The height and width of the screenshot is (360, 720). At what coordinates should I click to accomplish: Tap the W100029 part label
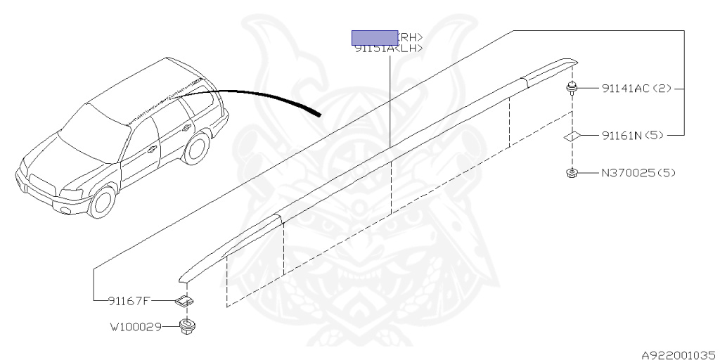click(x=135, y=327)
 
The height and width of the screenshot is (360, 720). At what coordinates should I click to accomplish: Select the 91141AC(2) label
click(x=636, y=89)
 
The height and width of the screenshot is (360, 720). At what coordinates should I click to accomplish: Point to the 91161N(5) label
click(x=632, y=135)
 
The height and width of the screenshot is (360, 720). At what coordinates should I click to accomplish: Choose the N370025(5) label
click(x=637, y=172)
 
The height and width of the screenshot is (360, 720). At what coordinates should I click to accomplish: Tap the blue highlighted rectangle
click(x=375, y=37)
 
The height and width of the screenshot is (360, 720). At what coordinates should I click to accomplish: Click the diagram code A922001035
click(x=678, y=355)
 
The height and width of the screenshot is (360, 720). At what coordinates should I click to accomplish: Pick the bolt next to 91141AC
click(x=572, y=89)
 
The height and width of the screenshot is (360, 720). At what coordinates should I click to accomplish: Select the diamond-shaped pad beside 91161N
click(x=572, y=135)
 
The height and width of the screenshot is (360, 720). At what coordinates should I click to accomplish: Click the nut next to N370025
click(x=572, y=173)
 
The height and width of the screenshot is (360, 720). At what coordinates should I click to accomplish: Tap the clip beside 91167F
click(x=184, y=302)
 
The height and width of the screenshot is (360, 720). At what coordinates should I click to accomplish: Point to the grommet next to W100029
click(x=187, y=326)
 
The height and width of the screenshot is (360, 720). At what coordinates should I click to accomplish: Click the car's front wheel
click(x=103, y=202)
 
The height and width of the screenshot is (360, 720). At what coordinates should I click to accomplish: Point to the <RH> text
click(x=411, y=37)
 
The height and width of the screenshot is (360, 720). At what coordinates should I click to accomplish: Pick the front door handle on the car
click(x=152, y=148)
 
